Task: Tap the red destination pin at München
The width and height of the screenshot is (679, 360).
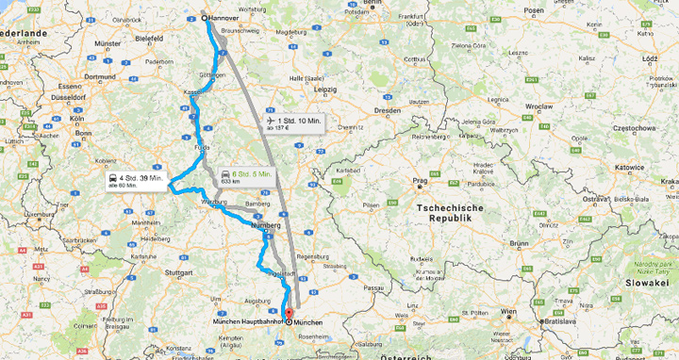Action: coord(289,314)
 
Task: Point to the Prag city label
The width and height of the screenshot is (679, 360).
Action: coord(422,179)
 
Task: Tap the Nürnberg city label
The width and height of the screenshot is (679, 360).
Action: coord(269,226)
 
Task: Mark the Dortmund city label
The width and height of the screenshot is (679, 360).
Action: coord(99,76)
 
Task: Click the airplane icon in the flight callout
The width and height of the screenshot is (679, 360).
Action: coord(272,121)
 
